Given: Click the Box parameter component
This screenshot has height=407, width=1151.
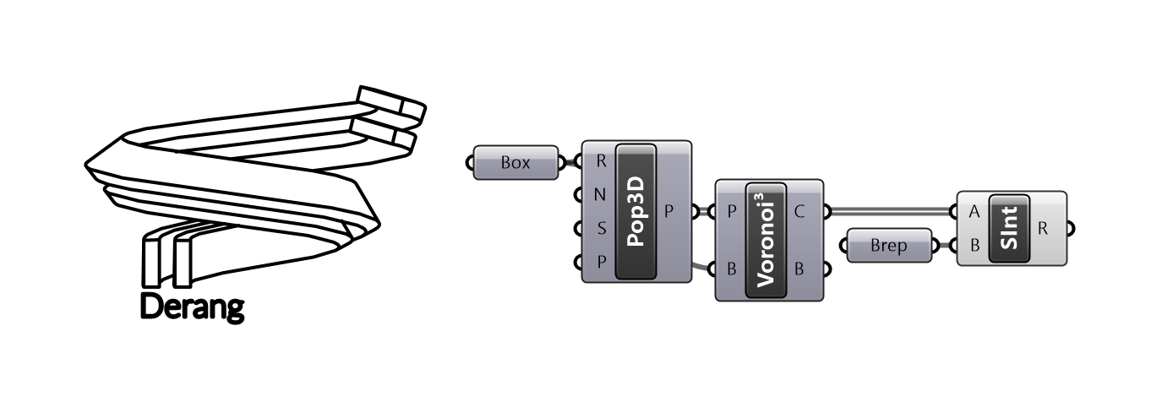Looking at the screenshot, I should (x=515, y=162).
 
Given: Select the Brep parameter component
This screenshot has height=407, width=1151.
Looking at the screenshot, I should (x=889, y=246).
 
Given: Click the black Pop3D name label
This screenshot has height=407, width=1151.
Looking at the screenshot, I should (x=637, y=211).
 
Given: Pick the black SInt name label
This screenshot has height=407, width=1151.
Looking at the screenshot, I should (x=1008, y=229).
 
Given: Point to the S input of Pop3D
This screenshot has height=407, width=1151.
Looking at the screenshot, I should (x=600, y=228).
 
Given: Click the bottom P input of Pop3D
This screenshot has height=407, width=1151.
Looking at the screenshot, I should (x=600, y=261).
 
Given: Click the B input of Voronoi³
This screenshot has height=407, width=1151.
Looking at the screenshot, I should (x=730, y=270).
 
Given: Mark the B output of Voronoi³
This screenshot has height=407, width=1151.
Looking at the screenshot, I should (x=800, y=270).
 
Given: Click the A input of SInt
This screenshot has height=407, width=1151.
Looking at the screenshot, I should (x=973, y=212).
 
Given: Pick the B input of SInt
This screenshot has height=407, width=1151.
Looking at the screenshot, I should (x=973, y=246).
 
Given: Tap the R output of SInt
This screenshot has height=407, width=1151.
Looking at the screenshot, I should (x=1045, y=228).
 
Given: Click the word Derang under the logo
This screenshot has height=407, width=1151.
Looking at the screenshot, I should (x=192, y=307).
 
